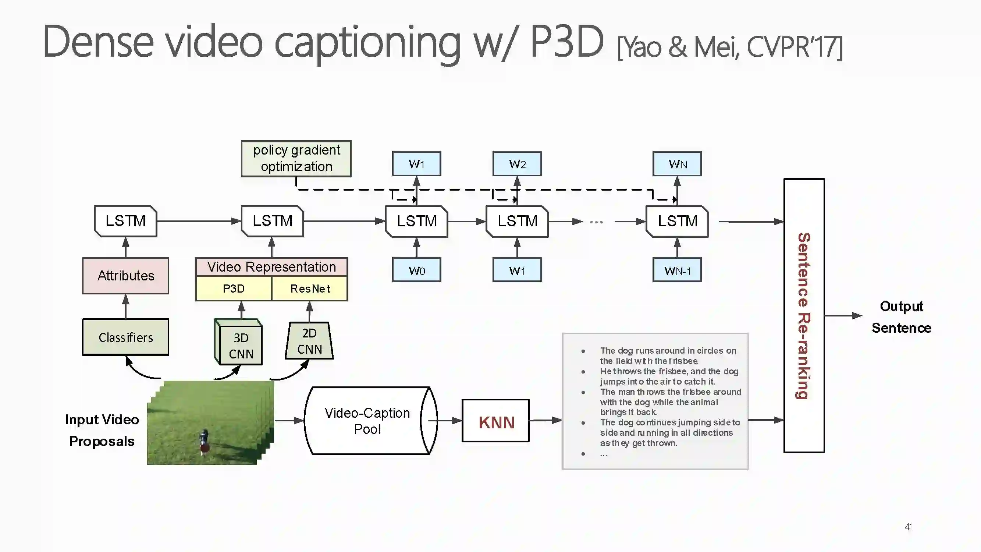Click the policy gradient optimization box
[296, 159]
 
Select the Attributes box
[126, 275]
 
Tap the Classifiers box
[126, 337]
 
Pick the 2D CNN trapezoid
[309, 341]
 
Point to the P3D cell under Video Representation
[234, 289]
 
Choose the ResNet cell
[310, 289]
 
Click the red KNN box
[496, 421]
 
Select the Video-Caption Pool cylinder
[367, 421]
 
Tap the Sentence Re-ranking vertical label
[804, 315]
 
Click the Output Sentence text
[902, 317]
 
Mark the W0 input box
[417, 270]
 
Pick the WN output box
[677, 164]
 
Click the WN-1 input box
[677, 270]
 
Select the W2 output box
[517, 164]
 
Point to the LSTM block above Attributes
[126, 221]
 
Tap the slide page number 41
[909, 527]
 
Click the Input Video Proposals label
[102, 430]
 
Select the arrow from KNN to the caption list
[545, 420]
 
